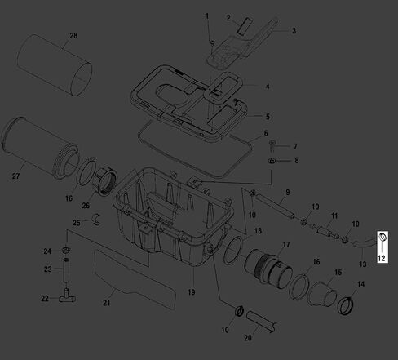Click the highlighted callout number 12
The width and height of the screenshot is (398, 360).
coord(382,258)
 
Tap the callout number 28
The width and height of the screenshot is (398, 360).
coord(73,36)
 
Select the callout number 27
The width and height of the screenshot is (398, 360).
coord(15,176)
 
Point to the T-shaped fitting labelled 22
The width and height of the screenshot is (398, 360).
coord(67,297)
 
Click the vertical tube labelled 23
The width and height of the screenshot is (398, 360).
coord(66,270)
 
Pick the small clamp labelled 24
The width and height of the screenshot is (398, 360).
coord(66,249)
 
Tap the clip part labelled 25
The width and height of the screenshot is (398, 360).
coord(96,219)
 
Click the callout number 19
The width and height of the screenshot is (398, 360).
coord(192,292)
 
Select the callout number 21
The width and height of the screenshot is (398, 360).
coord(107,303)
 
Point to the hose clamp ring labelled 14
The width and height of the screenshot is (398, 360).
coord(345,306)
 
